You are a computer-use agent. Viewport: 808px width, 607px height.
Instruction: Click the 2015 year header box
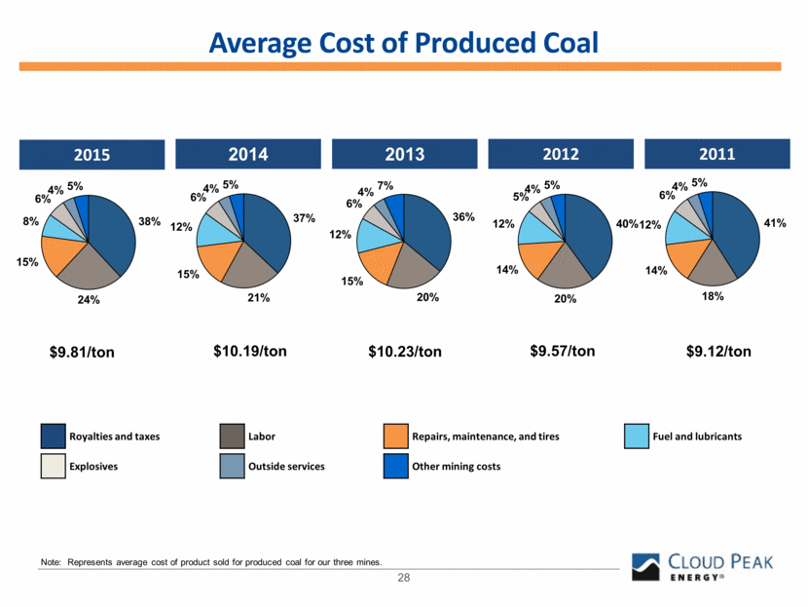tap(89, 155)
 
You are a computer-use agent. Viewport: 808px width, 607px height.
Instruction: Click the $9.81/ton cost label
tap(82, 352)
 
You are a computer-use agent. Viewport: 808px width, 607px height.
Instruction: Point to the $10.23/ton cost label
tap(403, 352)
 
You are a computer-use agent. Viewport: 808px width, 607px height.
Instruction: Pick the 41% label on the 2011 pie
tap(775, 223)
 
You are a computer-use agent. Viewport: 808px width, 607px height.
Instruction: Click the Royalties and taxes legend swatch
tap(55, 436)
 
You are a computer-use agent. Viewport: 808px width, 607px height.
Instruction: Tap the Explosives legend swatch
tap(55, 466)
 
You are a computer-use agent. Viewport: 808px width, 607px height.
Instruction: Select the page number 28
tap(403, 579)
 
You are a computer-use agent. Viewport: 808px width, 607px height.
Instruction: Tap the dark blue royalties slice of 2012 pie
tap(590, 234)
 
